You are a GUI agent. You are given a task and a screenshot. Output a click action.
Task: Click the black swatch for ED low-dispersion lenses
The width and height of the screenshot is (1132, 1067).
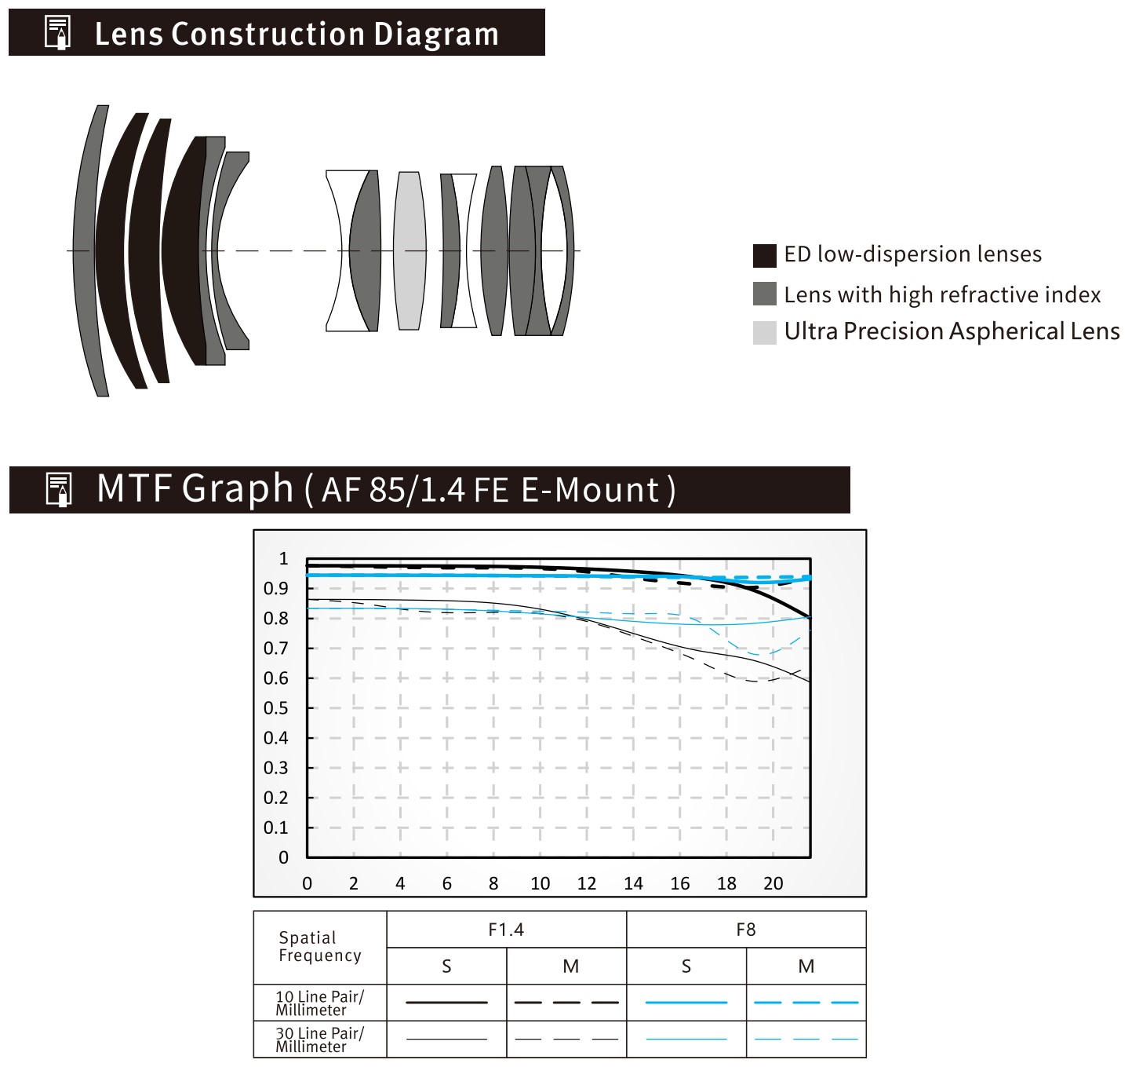pos(764,256)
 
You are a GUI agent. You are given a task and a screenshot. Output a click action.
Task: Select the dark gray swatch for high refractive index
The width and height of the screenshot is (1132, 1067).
pos(764,294)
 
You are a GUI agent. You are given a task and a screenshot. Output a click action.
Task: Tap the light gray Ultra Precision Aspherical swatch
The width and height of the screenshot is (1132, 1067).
pos(764,333)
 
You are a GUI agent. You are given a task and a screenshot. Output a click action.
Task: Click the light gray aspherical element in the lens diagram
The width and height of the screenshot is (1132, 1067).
pos(409,251)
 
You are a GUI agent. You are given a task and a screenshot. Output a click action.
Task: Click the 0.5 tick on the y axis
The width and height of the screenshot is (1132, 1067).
pos(276,708)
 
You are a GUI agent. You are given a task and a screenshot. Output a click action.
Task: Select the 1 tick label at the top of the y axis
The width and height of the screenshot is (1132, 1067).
pos(283,558)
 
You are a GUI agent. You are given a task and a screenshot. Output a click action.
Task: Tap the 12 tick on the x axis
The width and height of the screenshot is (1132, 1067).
pos(587,883)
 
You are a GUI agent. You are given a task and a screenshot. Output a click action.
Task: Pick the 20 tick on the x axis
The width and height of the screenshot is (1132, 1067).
pos(773,883)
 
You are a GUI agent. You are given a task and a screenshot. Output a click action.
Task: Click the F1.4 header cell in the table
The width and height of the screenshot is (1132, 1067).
pos(506,930)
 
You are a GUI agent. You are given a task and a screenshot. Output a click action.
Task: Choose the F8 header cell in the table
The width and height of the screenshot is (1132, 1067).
pos(746,930)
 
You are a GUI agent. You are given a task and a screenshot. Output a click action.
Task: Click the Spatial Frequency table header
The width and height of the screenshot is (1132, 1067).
pos(320,947)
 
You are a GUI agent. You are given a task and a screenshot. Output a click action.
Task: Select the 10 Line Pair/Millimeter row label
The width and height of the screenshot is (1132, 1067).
pos(320,1003)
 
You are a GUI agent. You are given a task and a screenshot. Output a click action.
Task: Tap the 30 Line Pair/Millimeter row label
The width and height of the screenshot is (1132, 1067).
pos(320,1039)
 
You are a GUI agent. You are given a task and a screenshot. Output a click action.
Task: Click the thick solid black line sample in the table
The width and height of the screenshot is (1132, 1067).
pos(447,1003)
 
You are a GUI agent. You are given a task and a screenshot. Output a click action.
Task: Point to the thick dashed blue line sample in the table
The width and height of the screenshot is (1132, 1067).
pos(806,1003)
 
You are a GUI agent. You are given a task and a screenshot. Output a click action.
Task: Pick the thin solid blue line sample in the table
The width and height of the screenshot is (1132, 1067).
pos(686,1039)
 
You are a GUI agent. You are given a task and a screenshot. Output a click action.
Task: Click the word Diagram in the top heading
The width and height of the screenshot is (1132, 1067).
pos(436,35)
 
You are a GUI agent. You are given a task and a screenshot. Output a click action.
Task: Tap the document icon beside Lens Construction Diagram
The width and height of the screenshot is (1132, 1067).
pos(57,32)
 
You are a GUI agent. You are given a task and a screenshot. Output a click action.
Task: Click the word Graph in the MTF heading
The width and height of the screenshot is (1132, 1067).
pos(238,488)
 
